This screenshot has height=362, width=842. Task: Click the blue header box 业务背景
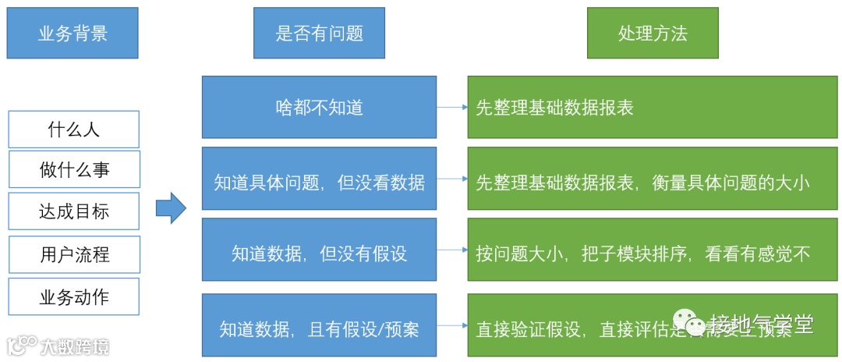coord(73,33)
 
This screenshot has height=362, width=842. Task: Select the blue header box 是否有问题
coord(319,33)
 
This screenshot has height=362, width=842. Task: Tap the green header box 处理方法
coord(653,33)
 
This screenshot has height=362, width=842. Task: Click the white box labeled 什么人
coord(74,130)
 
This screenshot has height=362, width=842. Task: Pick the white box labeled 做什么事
coord(74,170)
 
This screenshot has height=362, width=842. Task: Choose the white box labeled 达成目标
coord(74,211)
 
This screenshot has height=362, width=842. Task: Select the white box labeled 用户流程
coord(74,254)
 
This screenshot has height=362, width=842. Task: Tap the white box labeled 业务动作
coord(74,296)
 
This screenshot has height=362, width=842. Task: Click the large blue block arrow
coord(171,208)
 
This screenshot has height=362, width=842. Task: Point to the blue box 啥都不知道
coord(319,107)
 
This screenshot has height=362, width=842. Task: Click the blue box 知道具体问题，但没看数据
coord(319,183)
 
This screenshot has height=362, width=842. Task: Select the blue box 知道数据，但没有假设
coord(319,253)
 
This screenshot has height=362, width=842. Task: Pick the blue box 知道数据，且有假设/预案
coord(319,328)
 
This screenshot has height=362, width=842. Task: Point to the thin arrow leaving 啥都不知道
coord(451,107)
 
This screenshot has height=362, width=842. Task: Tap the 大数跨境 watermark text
coord(75,346)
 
